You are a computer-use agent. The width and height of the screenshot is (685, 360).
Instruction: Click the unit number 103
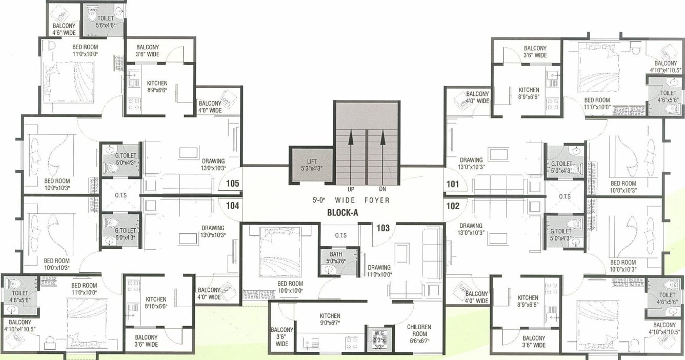383,228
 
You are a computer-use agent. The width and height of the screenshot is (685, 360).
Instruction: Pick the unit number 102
453,207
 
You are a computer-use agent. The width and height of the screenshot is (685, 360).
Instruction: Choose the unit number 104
233,207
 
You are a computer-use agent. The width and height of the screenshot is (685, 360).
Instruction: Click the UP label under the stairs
351,189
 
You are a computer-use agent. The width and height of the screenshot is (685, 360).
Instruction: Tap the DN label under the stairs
382,189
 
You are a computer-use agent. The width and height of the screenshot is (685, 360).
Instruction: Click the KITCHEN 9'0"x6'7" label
330,319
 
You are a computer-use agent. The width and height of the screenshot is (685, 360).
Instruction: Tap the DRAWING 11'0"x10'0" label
379,271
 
